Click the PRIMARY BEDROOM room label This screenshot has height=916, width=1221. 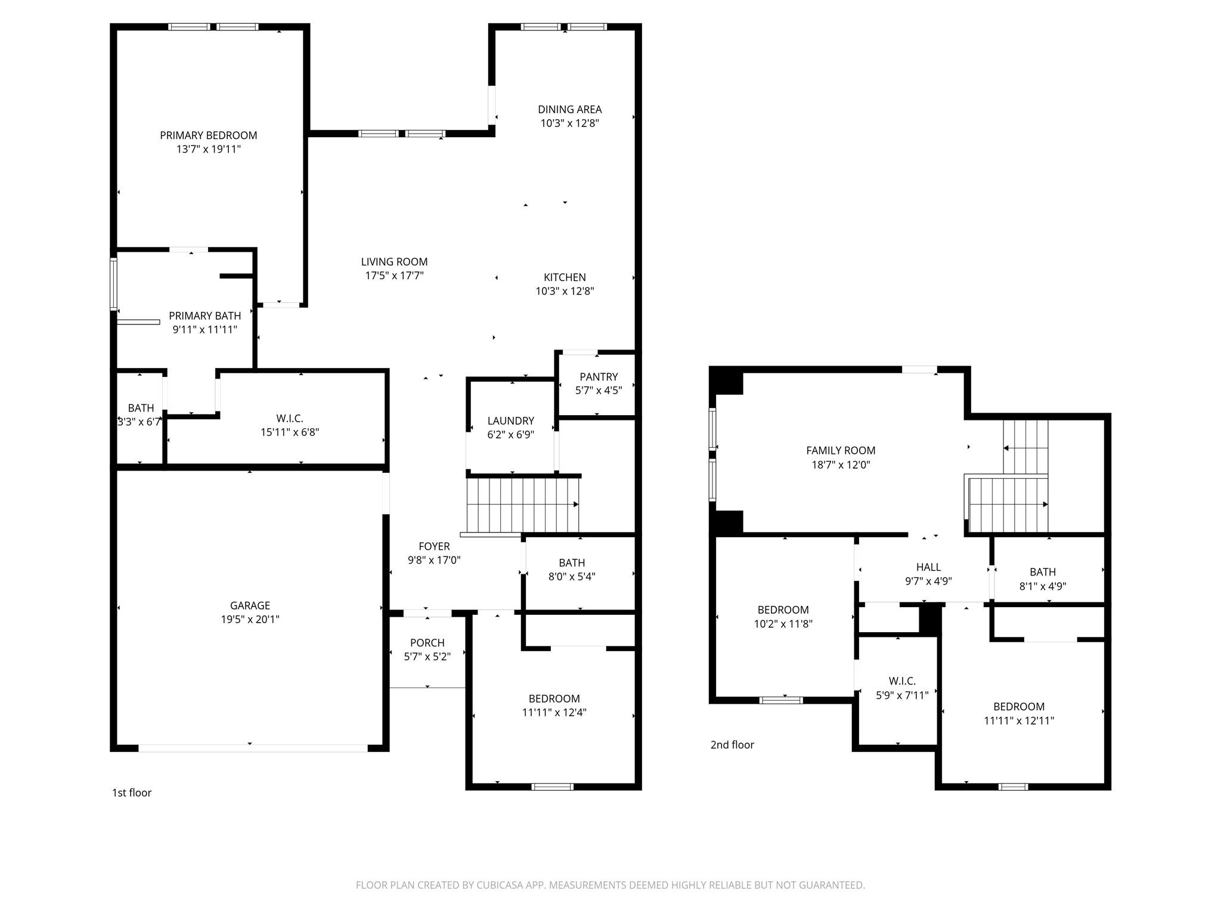click(x=208, y=135)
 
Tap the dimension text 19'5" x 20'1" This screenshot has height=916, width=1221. click(x=250, y=619)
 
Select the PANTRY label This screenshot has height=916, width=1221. click(x=599, y=376)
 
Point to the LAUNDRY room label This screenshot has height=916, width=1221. click(x=510, y=420)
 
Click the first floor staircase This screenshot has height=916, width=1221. click(x=522, y=505)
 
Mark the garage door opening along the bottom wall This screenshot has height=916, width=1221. click(x=253, y=748)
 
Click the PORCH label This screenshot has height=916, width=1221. click(x=427, y=642)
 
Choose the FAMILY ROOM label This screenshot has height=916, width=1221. click(x=841, y=450)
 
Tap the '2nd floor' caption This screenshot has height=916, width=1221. click(x=732, y=744)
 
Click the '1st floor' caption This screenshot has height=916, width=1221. click(x=132, y=792)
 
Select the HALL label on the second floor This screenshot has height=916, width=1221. click(x=928, y=567)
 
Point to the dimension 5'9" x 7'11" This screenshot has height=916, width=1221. click(x=902, y=695)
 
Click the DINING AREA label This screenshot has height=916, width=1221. click(x=569, y=109)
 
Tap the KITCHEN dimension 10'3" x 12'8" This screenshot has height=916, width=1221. click(x=565, y=291)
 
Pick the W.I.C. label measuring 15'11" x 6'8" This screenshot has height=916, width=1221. click(x=290, y=418)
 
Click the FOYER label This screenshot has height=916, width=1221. click(x=434, y=546)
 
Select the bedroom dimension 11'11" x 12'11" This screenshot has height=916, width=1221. click(x=1019, y=720)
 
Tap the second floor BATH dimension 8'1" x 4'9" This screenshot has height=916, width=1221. click(x=1043, y=586)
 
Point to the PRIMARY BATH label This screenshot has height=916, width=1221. click(x=204, y=315)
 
